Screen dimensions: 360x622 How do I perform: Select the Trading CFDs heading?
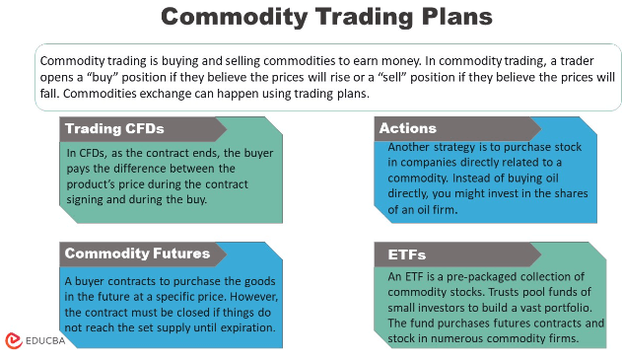114,128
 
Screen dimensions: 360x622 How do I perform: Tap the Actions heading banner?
408,128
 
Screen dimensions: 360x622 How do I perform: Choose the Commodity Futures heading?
137,253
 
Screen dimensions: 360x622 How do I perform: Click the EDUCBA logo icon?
13,339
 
